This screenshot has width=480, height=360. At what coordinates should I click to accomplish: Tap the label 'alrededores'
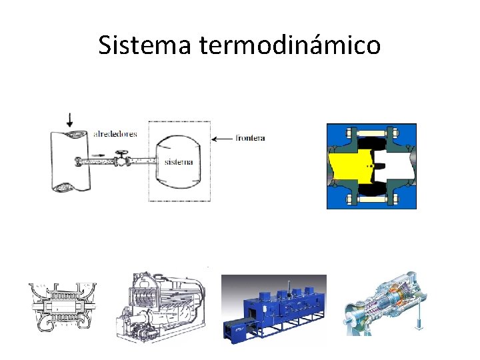[x=115, y=134]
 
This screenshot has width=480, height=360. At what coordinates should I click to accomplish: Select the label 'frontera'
[x=250, y=139]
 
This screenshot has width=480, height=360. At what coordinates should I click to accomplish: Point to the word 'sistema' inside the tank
[x=179, y=162]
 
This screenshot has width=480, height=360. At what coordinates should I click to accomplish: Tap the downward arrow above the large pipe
[x=69, y=120]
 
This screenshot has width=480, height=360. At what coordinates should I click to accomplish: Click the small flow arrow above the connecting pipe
[x=98, y=154]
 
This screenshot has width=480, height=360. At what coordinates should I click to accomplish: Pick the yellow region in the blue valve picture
[x=347, y=167]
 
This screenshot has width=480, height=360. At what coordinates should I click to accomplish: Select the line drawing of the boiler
[x=161, y=307]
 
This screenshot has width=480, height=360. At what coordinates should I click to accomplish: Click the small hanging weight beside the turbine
[x=418, y=324]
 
